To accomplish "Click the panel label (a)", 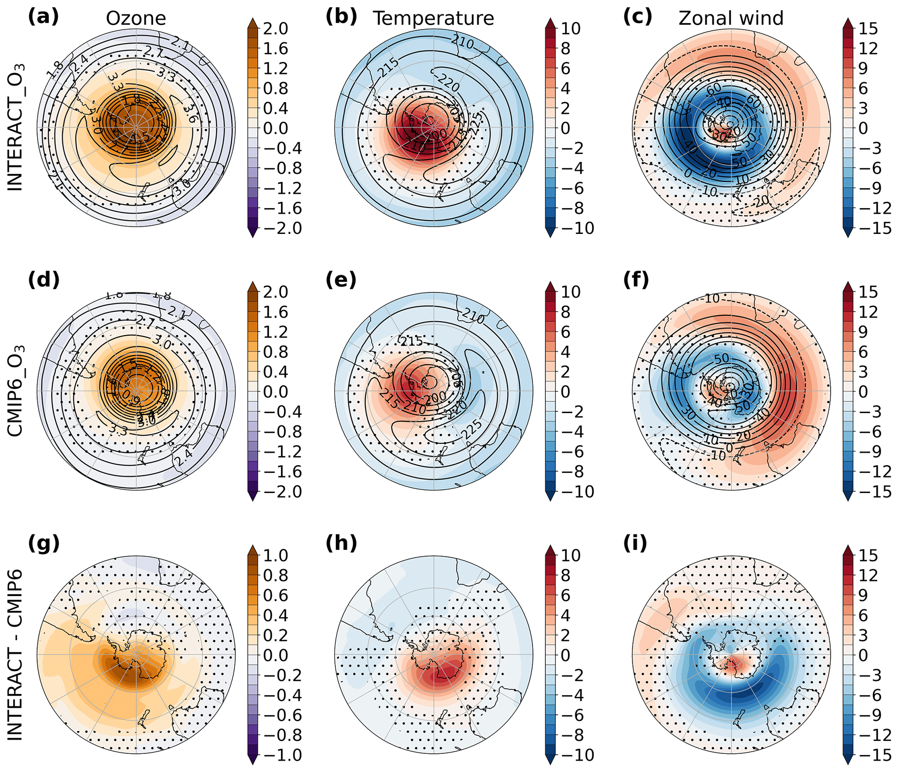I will [x=43, y=17].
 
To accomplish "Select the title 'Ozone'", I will [x=136, y=19].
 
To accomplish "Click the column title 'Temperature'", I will [x=433, y=19].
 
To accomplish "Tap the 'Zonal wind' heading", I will [x=731, y=19].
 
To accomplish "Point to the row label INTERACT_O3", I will [x=16, y=127].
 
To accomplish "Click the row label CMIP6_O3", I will [x=16, y=391].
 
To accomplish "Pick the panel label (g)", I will [x=43, y=543].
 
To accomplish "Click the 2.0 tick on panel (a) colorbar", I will [x=275, y=29].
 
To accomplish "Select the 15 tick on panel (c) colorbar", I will [x=868, y=29].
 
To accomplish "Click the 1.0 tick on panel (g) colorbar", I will [x=275, y=555].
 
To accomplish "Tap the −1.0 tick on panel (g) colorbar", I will [x=281, y=755].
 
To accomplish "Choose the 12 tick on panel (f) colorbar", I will [x=868, y=312].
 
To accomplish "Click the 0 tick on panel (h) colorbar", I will [x=565, y=655].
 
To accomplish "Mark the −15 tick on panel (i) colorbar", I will [x=873, y=755].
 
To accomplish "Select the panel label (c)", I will [x=638, y=17].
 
